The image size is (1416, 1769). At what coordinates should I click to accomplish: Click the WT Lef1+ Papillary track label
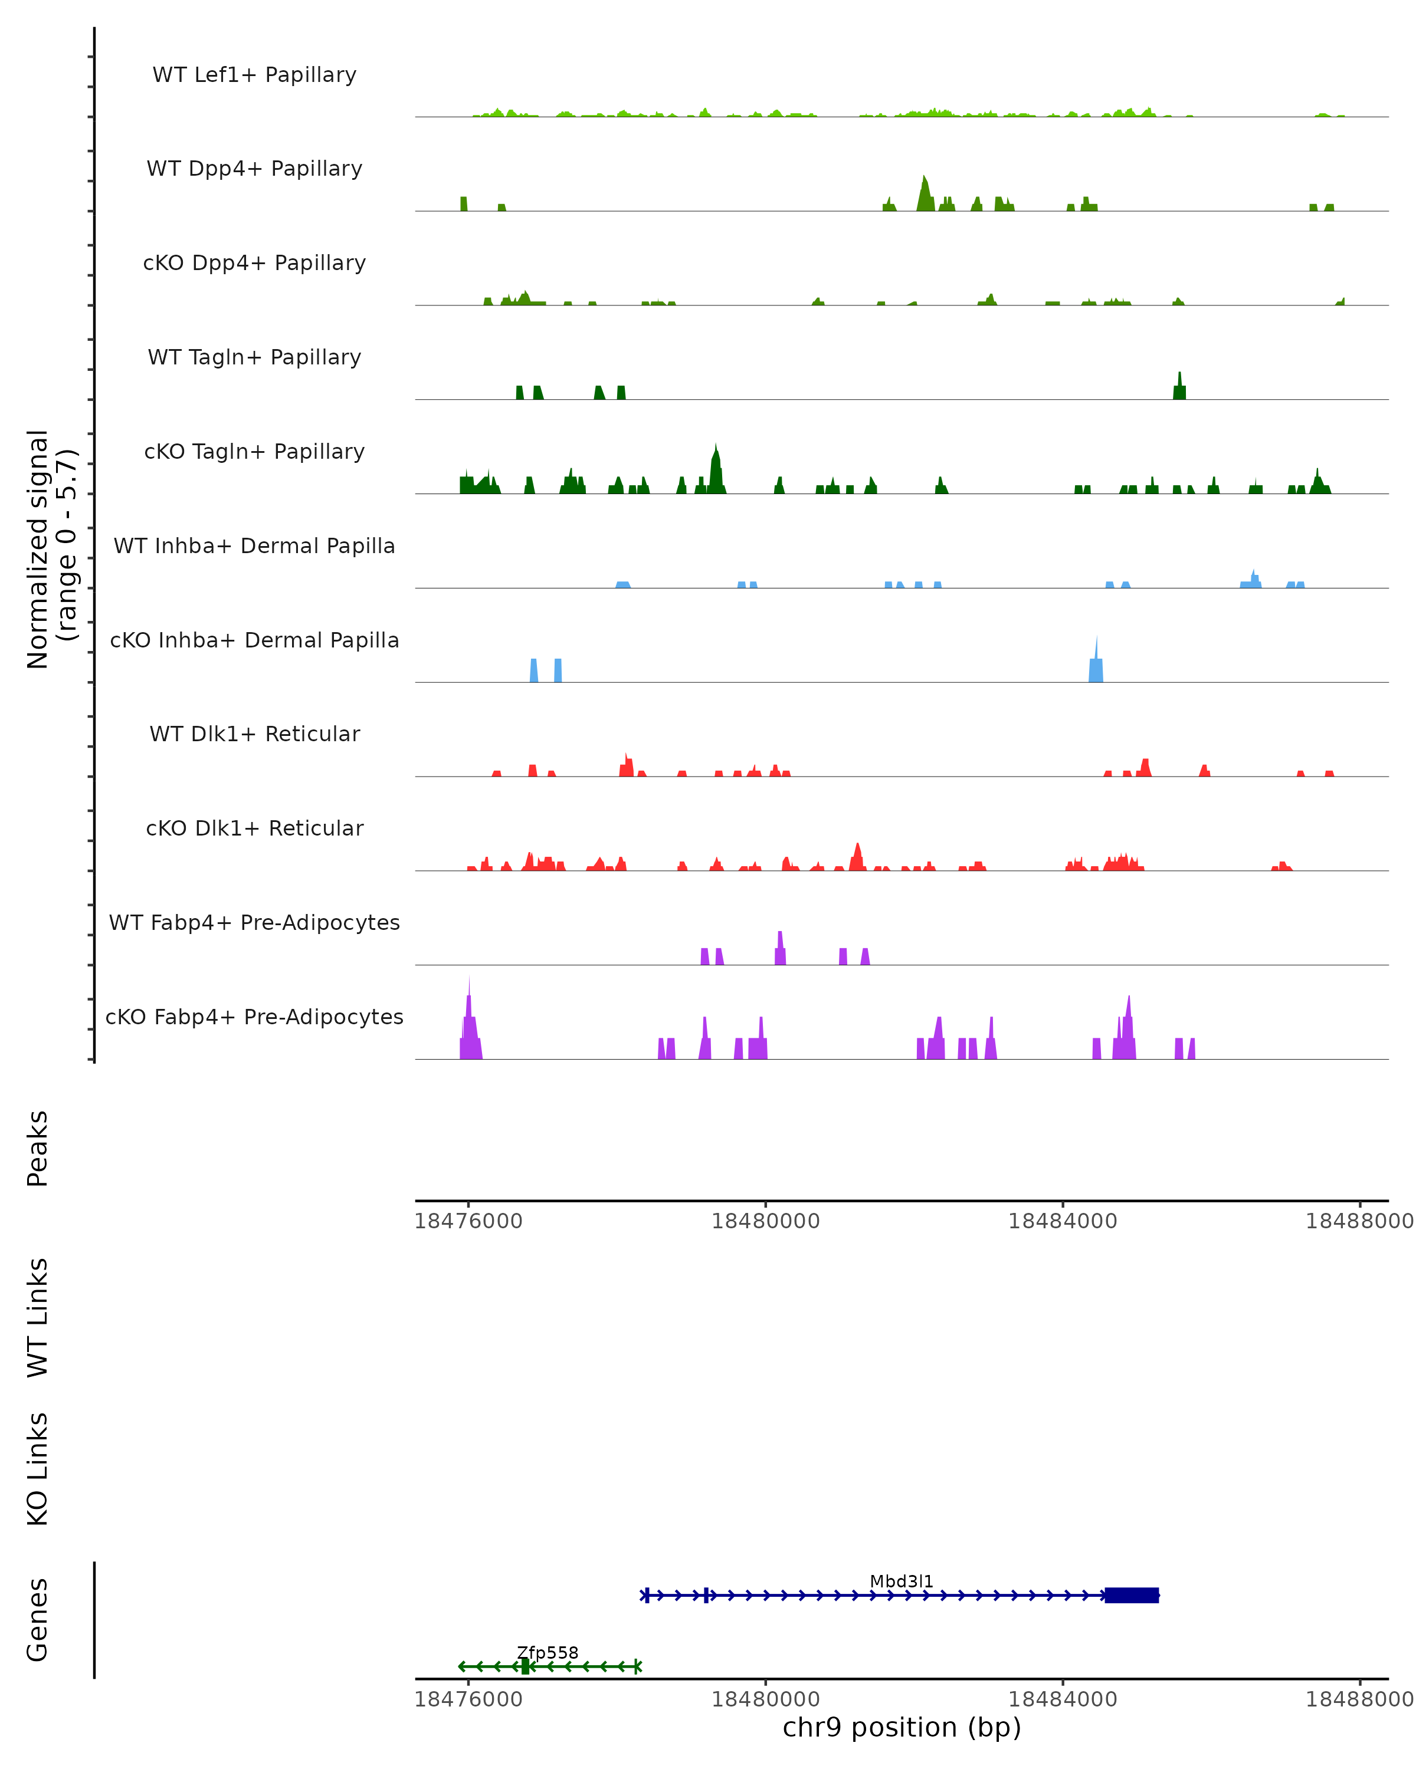pyautogui.click(x=254, y=75)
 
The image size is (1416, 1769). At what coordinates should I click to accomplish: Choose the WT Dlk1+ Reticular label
pyautogui.click(x=254, y=734)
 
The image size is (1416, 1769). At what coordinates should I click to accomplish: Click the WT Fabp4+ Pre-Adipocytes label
pyautogui.click(x=254, y=922)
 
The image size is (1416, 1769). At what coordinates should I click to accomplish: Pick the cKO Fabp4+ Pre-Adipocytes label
pyautogui.click(x=254, y=1017)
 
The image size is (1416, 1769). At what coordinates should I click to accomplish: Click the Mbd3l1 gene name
pyautogui.click(x=902, y=1582)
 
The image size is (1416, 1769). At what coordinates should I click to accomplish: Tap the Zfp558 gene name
pyautogui.click(x=548, y=1652)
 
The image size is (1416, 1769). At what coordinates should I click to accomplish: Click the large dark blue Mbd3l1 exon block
pyautogui.click(x=1131, y=1595)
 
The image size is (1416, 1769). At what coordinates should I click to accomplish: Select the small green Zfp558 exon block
pyautogui.click(x=525, y=1666)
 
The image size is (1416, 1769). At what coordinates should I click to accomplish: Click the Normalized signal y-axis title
pyautogui.click(x=51, y=548)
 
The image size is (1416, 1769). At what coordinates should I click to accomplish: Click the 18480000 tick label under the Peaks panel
pyautogui.click(x=765, y=1221)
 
